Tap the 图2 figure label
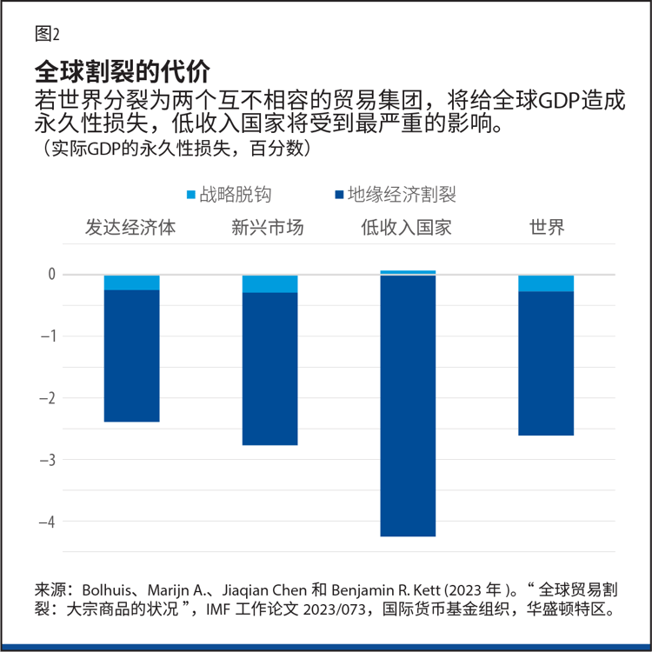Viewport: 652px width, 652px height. click(x=47, y=34)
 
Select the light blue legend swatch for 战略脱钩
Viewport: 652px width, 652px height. click(x=191, y=196)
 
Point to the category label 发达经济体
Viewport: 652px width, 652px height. click(x=130, y=228)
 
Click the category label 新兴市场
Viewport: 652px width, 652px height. click(x=268, y=228)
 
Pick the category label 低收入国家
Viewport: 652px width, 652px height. click(x=407, y=228)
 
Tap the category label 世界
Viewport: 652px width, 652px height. click(x=547, y=228)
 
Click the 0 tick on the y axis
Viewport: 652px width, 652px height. click(x=51, y=275)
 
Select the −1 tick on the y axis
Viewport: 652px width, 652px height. click(x=48, y=336)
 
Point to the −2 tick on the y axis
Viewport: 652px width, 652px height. click(x=48, y=398)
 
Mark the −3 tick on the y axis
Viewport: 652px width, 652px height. click(x=48, y=460)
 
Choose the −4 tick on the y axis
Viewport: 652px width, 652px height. click(x=48, y=522)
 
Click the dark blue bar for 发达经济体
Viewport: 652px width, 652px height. click(x=131, y=356)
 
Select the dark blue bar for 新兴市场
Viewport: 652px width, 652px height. click(x=269, y=369)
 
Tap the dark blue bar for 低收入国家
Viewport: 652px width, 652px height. click(x=408, y=406)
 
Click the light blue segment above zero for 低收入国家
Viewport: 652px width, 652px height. click(x=408, y=272)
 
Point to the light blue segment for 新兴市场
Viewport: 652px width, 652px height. click(x=269, y=284)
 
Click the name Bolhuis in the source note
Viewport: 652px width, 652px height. click(x=107, y=588)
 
